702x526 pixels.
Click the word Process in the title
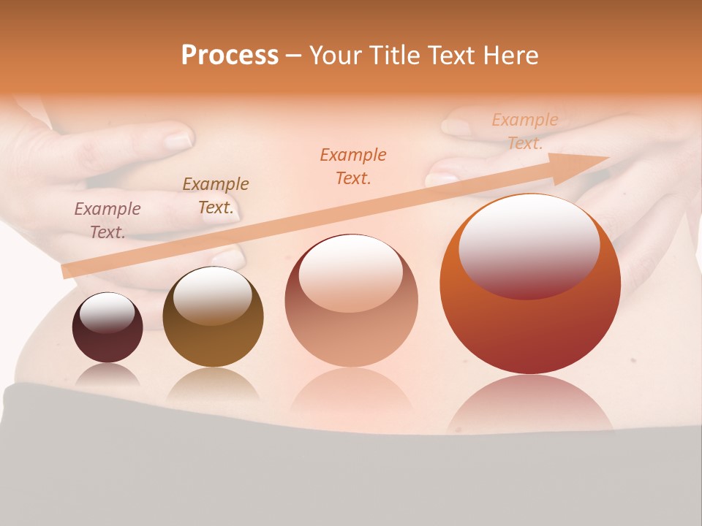click(x=230, y=56)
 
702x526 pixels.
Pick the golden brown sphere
click(x=213, y=319)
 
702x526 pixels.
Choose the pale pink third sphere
click(x=351, y=301)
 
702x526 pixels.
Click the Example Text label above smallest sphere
click(x=107, y=221)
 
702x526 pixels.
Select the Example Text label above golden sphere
click(x=216, y=196)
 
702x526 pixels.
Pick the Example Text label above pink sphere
click(x=353, y=166)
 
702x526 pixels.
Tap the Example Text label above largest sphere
click(x=525, y=131)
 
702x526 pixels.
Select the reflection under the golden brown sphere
click(x=213, y=383)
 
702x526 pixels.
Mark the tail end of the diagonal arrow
click(x=67, y=270)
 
